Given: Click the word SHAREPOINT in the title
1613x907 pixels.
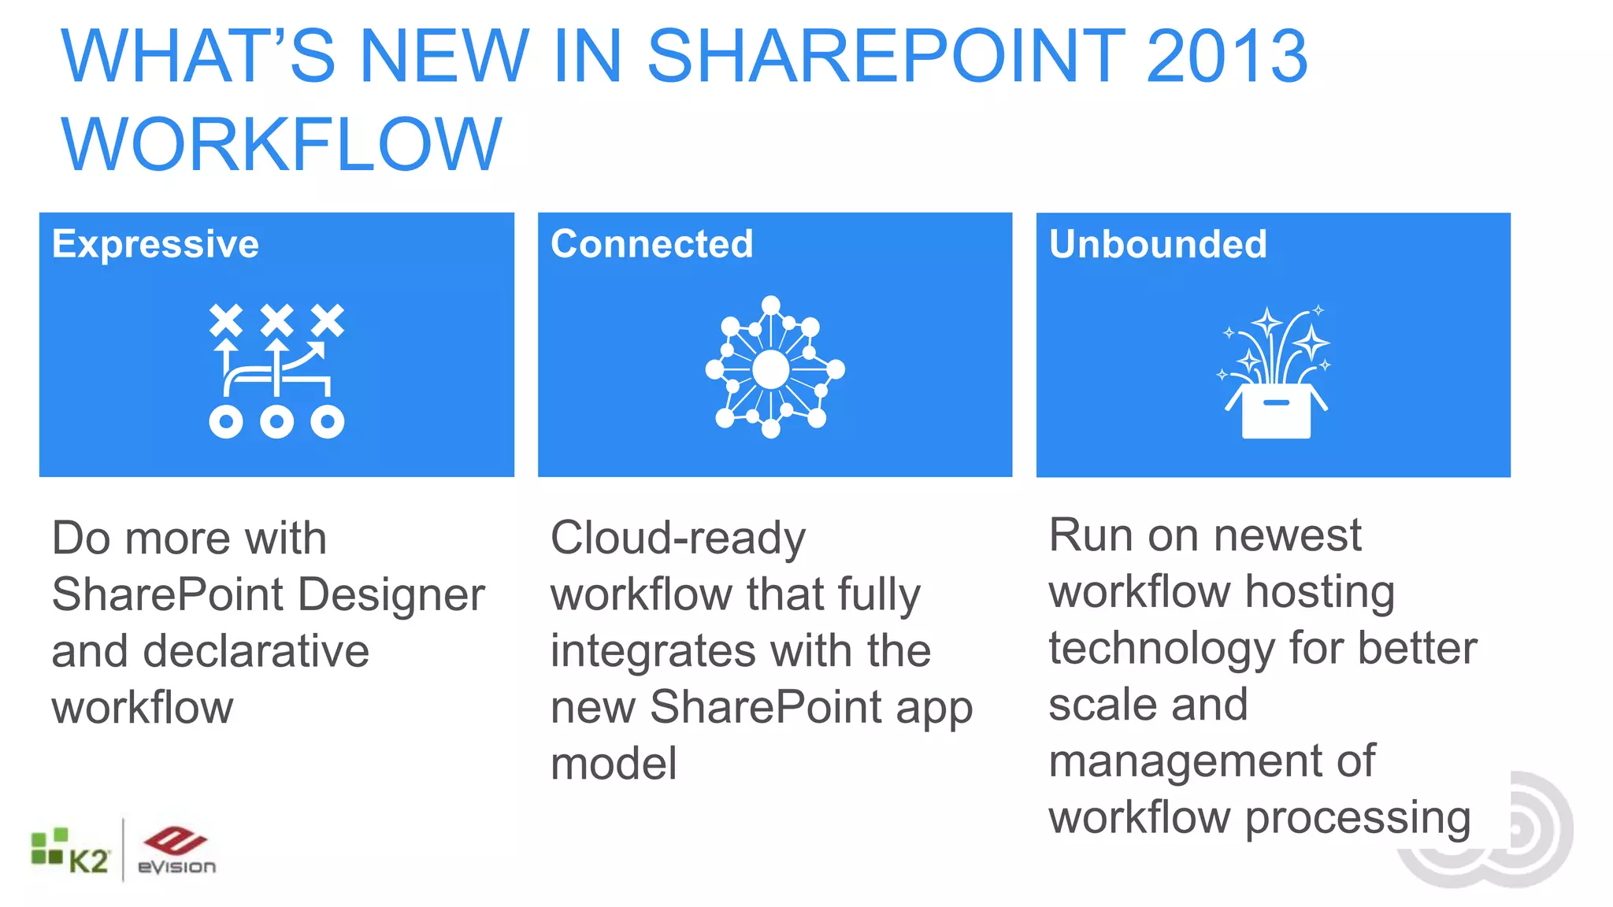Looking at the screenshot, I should click(x=886, y=56).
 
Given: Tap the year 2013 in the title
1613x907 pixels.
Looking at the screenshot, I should click(x=1226, y=56).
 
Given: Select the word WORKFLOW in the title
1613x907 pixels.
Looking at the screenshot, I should click(x=281, y=144).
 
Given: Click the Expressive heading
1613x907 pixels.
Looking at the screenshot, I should click(x=155, y=244).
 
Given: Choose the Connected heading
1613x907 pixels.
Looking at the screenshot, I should click(x=651, y=244).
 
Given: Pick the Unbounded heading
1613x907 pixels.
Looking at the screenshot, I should click(x=1158, y=244).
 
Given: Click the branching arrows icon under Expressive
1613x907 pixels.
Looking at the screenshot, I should click(x=276, y=370).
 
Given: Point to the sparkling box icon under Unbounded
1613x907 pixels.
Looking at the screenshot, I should click(x=1275, y=372).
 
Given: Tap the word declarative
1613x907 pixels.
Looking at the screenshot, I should click(x=256, y=651).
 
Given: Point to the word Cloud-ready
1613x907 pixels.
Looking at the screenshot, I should click(x=678, y=539).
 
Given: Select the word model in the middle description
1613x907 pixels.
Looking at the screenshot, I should click(x=614, y=764).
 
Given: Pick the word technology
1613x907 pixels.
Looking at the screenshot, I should click(x=1161, y=650).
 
